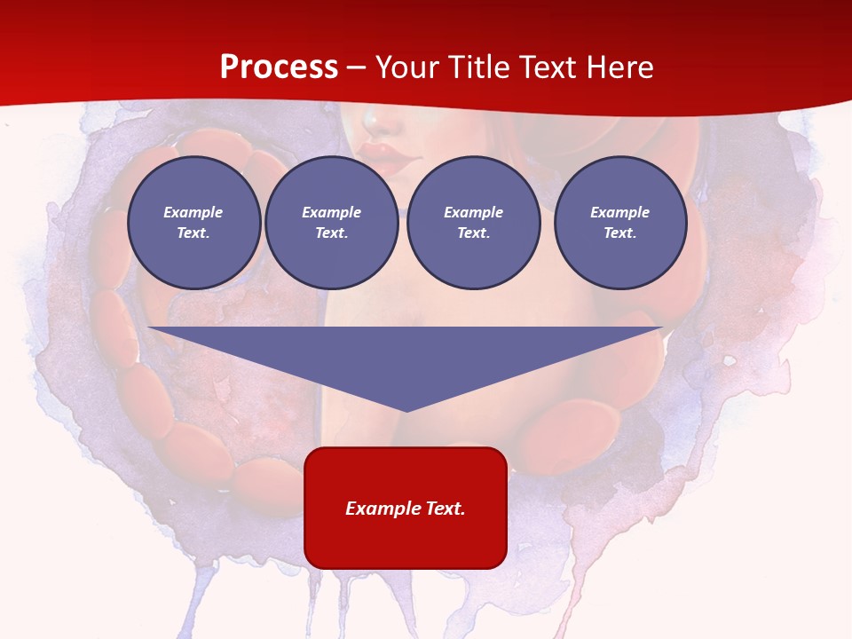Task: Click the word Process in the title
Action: [279, 67]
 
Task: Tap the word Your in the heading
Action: [406, 67]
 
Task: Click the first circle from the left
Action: [193, 223]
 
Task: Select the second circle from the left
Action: [331, 223]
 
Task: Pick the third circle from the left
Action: [473, 223]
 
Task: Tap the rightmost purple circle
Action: [619, 223]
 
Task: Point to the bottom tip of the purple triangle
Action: [406, 411]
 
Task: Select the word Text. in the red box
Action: [445, 509]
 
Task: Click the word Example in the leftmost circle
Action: [193, 212]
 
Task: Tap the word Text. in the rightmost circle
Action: [619, 233]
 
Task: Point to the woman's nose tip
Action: [374, 118]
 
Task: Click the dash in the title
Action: [357, 68]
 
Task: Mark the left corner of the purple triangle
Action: [149, 328]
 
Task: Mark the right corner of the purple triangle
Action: [661, 328]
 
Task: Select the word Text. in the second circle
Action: [331, 233]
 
